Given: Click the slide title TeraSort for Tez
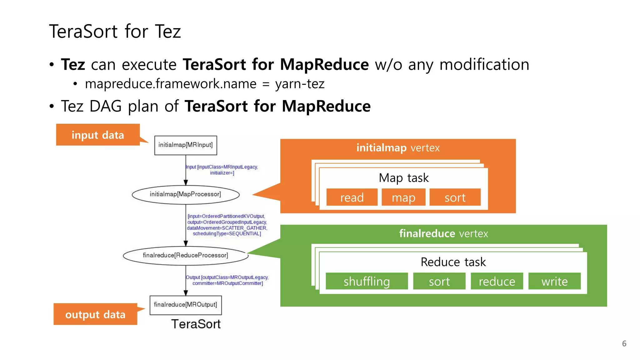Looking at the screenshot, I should (115, 32).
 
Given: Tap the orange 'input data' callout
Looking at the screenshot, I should (98, 135).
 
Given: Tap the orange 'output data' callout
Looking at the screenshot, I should (95, 314).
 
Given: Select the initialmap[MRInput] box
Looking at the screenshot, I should (186, 145).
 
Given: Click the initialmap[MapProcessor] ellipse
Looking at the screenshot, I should (186, 194).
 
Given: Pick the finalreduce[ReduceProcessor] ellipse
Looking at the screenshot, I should (186, 255).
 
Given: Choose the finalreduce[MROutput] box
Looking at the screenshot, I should (186, 305).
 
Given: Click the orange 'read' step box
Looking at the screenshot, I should (352, 197).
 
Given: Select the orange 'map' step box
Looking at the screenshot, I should (403, 197).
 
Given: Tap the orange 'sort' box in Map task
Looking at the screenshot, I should (455, 197).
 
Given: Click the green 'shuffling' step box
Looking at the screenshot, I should (367, 281).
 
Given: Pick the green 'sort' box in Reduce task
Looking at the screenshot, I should (439, 281).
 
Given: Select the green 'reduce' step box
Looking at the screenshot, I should (497, 281).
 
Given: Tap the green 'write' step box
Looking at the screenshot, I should (554, 281).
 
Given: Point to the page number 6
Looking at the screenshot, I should (624, 343).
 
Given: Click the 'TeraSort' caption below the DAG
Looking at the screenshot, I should (196, 324).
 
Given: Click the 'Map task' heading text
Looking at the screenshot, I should (403, 178).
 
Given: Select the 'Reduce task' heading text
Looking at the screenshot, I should (453, 262).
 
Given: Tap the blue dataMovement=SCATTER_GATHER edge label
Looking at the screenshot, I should (227, 228).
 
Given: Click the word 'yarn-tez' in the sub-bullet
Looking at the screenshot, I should (300, 84).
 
